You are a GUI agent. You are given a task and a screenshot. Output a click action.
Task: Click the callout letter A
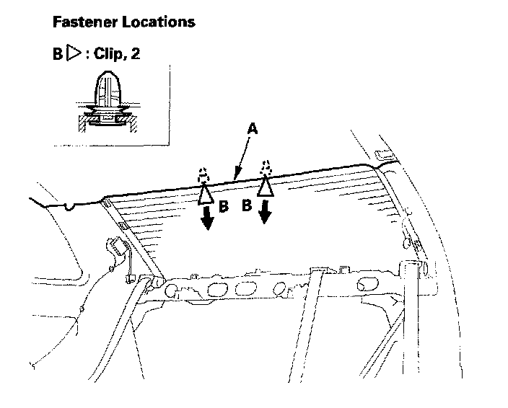(252, 128)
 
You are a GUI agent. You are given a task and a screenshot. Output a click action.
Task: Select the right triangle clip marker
(266, 186)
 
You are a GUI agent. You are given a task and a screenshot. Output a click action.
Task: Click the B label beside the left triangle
(224, 207)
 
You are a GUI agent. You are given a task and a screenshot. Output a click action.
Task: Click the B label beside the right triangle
(247, 205)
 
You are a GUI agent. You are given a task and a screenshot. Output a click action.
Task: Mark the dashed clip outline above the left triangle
(205, 176)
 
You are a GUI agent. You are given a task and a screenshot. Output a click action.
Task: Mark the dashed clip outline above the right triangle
(266, 167)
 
